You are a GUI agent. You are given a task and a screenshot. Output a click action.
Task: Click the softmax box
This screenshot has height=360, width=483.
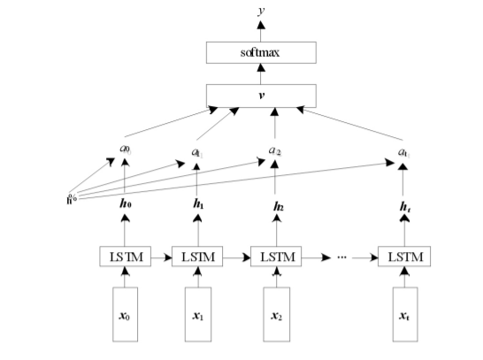pyautogui.click(x=261, y=53)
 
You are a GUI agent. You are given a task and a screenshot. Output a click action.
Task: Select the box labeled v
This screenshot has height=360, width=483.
pyautogui.click(x=261, y=96)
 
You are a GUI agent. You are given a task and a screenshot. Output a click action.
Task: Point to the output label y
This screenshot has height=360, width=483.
pyautogui.click(x=261, y=10)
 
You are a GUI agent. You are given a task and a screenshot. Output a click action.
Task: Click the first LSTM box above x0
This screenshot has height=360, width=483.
pyautogui.click(x=124, y=257)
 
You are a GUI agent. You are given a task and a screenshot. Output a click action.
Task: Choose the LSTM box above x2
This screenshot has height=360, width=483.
pyautogui.click(x=276, y=257)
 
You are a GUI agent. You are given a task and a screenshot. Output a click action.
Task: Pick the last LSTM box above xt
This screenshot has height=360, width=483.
pyautogui.click(x=403, y=257)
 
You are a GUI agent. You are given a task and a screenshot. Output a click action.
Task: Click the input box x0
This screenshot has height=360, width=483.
pyautogui.click(x=124, y=313)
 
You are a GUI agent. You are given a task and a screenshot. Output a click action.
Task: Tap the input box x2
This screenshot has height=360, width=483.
pyautogui.click(x=276, y=313)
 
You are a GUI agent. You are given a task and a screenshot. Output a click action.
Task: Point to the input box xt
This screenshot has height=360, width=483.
pyautogui.click(x=403, y=313)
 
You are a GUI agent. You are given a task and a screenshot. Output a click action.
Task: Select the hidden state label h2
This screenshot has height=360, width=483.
pyautogui.click(x=276, y=205)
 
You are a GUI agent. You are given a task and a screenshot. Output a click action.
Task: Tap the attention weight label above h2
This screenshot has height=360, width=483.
pyautogui.click(x=276, y=153)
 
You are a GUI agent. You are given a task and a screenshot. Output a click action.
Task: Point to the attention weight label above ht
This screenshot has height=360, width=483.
pyautogui.click(x=403, y=153)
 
